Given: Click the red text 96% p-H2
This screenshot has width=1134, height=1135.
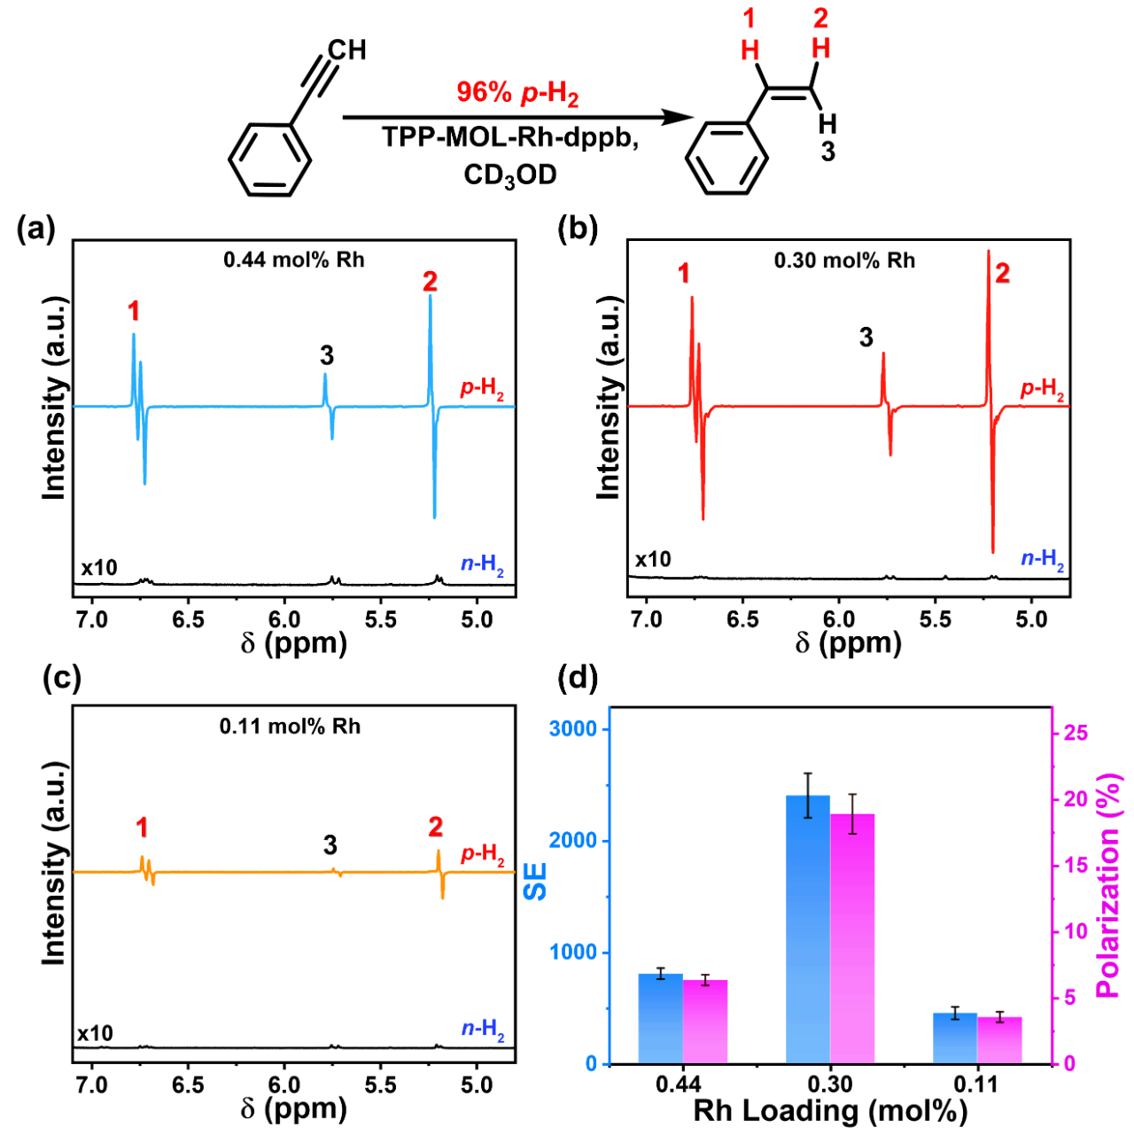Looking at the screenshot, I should pyautogui.click(x=517, y=93).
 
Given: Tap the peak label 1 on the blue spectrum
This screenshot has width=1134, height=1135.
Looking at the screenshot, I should pyautogui.click(x=133, y=311).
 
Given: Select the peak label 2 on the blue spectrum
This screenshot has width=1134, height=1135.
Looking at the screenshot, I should pyautogui.click(x=430, y=281).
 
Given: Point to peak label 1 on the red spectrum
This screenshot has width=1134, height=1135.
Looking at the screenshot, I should pyautogui.click(x=683, y=274).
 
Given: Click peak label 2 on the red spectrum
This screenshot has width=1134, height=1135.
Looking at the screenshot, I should pyautogui.click(x=1002, y=273).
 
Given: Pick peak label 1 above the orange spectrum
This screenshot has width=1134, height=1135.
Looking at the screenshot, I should pyautogui.click(x=142, y=828).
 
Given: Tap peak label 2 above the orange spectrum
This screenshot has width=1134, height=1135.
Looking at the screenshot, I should pyautogui.click(x=435, y=826).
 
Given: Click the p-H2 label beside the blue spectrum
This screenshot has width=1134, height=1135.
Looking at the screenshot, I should pyautogui.click(x=482, y=389).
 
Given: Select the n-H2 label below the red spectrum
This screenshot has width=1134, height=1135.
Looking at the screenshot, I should pyautogui.click(x=1042, y=559).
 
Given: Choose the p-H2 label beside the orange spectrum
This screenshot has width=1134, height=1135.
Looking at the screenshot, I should pyautogui.click(x=482, y=854).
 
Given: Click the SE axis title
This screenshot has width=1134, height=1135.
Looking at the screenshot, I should pyautogui.click(x=535, y=880).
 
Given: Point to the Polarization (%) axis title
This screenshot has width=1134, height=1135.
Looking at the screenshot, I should pyautogui.click(x=1109, y=886).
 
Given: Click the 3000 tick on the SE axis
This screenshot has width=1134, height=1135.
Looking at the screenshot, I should pyautogui.click(x=573, y=729).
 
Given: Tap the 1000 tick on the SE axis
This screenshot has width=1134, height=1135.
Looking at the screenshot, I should pyautogui.click(x=573, y=952).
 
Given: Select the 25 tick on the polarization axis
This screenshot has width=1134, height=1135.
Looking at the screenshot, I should pyautogui.click(x=1076, y=733).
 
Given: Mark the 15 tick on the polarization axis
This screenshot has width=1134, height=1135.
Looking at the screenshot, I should pyautogui.click(x=1076, y=865).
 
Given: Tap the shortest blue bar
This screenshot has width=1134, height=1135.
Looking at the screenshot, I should pyautogui.click(x=955, y=1038).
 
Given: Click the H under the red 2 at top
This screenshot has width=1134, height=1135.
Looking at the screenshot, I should pyautogui.click(x=821, y=49).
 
